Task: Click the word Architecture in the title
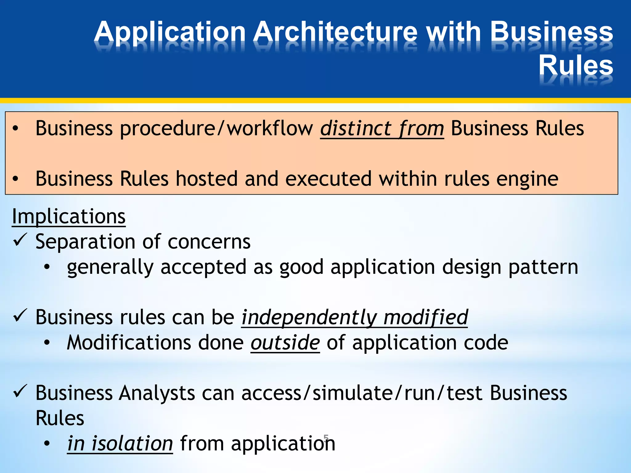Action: pyautogui.click(x=336, y=32)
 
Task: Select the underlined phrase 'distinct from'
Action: pyautogui.click(x=382, y=128)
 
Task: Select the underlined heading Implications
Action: pyautogui.click(x=69, y=216)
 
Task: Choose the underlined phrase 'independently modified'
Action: pyautogui.click(x=355, y=317)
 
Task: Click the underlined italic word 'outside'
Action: pyautogui.click(x=285, y=343)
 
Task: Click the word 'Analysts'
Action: pyautogui.click(x=157, y=393)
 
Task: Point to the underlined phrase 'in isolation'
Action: pyautogui.click(x=120, y=444)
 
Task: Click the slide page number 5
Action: pyautogui.click(x=326, y=437)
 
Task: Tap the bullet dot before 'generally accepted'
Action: pyautogui.click(x=47, y=267)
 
